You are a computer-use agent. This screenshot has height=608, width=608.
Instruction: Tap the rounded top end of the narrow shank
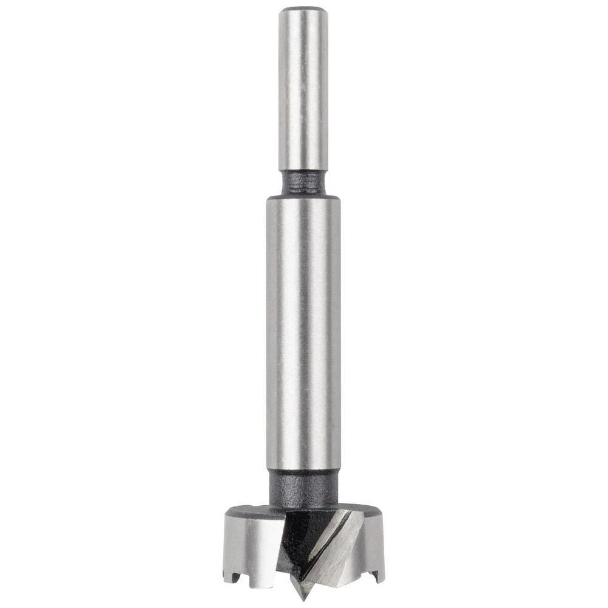click(x=303, y=9)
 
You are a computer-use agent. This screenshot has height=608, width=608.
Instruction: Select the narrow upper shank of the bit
click(x=303, y=91)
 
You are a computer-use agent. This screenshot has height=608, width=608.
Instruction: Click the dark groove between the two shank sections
click(x=303, y=181)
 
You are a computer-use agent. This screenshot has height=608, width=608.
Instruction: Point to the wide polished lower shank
click(x=303, y=334)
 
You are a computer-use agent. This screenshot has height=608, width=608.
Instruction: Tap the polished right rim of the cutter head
click(x=372, y=541)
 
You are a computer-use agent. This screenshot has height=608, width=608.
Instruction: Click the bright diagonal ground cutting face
click(x=334, y=547)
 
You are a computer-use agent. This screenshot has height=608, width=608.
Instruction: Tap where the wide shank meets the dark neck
click(x=303, y=471)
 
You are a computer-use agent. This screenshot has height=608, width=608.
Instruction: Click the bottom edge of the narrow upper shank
click(x=303, y=170)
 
